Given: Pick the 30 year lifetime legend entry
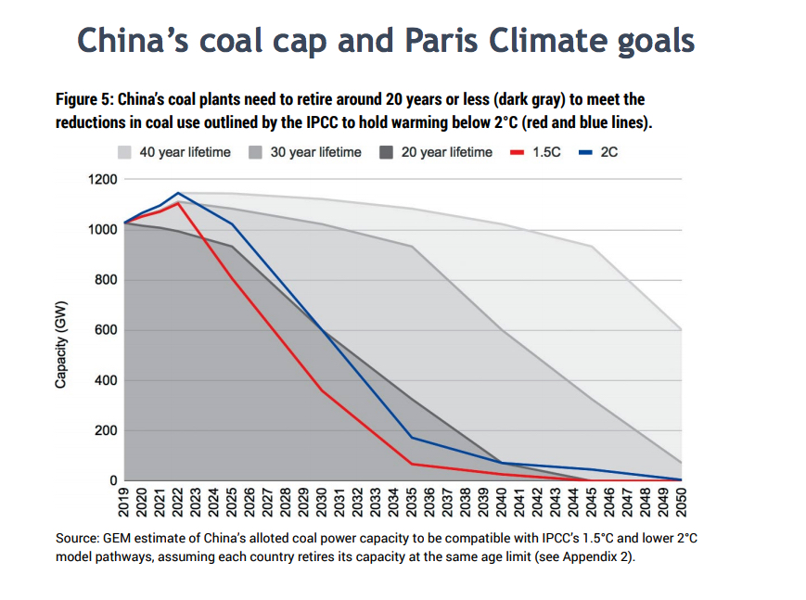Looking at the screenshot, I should tap(306, 152).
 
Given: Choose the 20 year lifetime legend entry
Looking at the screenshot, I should tap(436, 152).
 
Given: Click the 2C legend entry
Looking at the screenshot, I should tap(598, 152).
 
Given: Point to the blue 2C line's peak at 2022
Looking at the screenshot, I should tap(178, 193).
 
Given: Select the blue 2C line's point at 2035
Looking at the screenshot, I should tap(412, 438).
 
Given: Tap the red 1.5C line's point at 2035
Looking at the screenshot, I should tap(412, 464).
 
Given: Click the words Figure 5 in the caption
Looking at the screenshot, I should tap(84, 99).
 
